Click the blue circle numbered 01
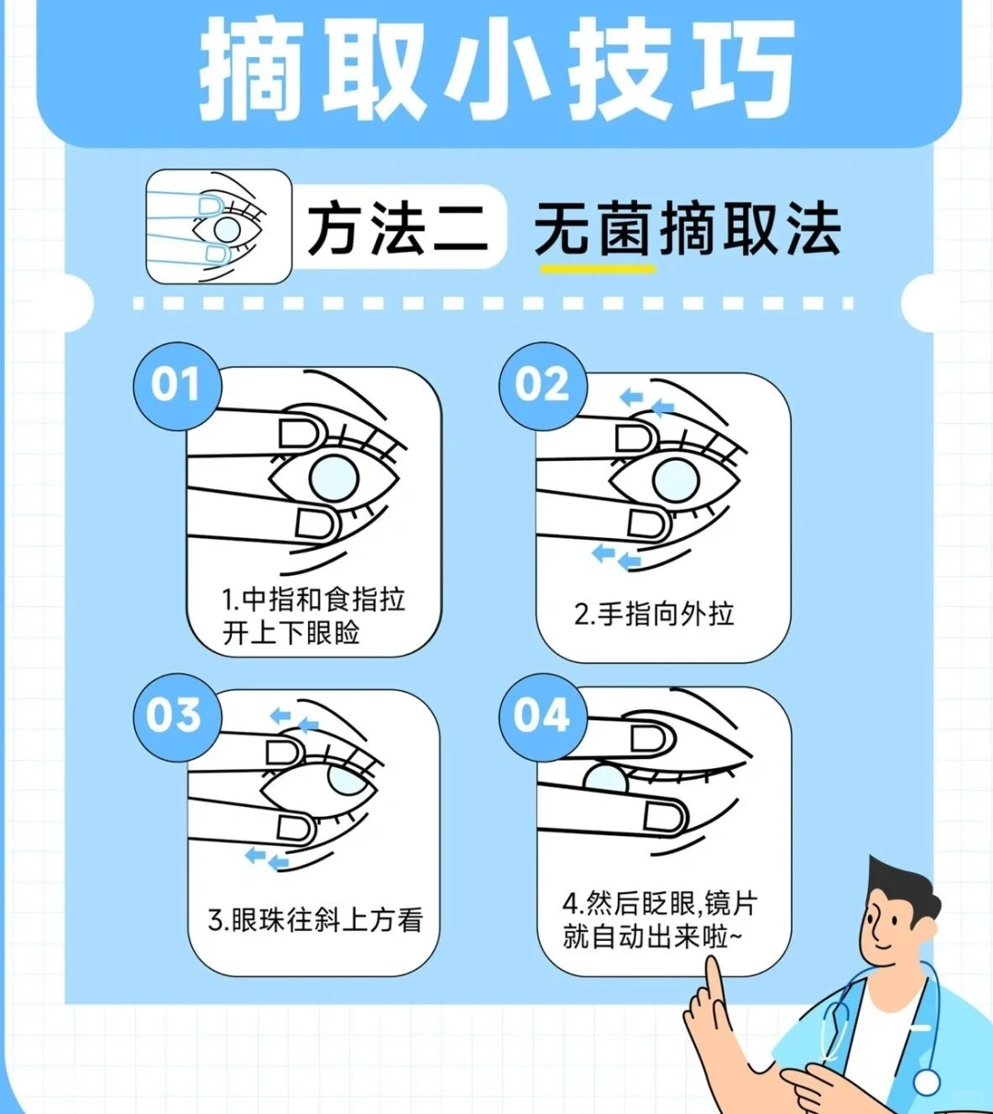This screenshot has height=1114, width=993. [x=177, y=385]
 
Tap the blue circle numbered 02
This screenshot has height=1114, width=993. [x=542, y=385]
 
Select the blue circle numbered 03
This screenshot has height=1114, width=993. [x=177, y=717]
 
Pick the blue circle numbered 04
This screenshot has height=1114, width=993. [x=542, y=717]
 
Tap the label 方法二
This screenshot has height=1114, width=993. [x=397, y=227]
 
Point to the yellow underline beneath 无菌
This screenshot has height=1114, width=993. [x=598, y=269]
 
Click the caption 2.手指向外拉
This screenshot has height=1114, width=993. [x=654, y=614]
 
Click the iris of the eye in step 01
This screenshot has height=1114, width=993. [x=334, y=479]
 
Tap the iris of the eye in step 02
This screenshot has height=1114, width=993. [x=676, y=480]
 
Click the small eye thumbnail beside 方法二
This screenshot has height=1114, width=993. [x=219, y=226]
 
